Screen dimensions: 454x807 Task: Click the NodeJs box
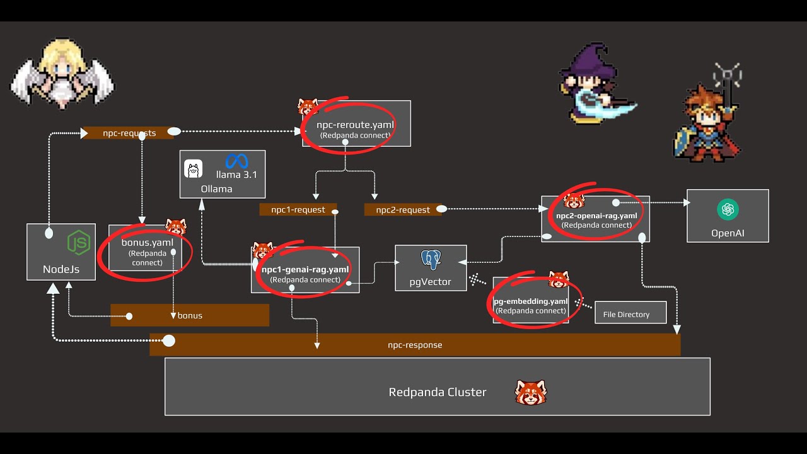coord(61,252)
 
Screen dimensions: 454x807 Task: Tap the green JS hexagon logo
coord(79,243)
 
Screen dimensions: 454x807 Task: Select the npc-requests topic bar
coord(129,133)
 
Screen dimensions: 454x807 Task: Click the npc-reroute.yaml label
coord(355,125)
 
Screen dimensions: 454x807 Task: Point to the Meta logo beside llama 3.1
coord(237,161)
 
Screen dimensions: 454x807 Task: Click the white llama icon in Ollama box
coord(194,169)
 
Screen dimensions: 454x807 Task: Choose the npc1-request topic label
coord(298,210)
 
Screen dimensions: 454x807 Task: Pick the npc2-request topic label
coord(403,210)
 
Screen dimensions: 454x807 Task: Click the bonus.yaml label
coord(148,243)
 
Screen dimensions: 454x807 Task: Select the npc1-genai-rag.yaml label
coord(305,270)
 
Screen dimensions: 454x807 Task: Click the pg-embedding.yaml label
coord(531,301)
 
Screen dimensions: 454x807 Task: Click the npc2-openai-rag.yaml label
coord(596,216)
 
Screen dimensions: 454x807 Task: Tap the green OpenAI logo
coord(728,210)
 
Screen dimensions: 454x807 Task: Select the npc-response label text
coord(415,346)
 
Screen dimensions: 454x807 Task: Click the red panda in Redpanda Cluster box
coord(531,392)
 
